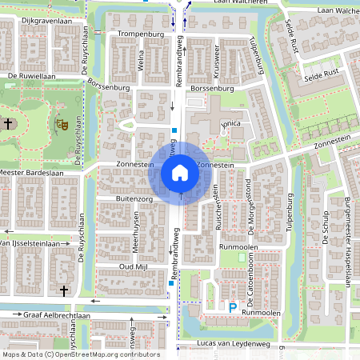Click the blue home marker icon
(180, 172)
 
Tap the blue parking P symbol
(233, 307)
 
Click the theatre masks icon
(60, 124)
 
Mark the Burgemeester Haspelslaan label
(348, 240)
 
